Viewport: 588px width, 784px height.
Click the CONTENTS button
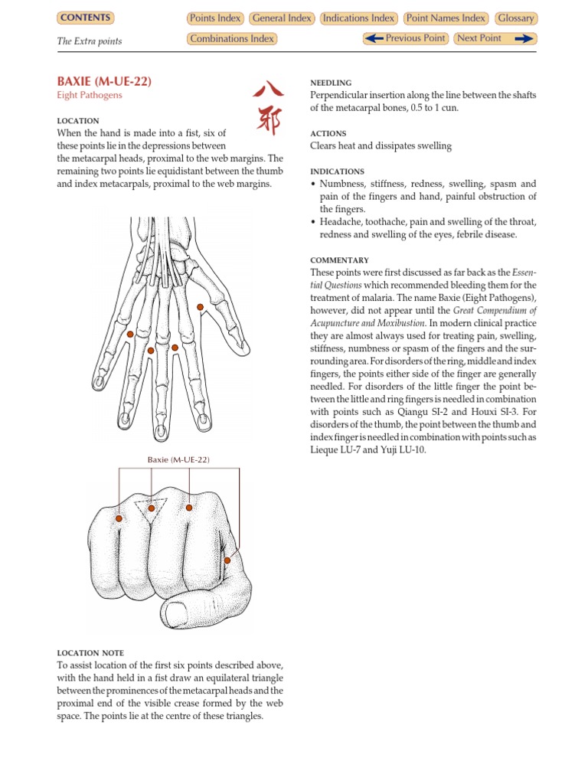(x=85, y=18)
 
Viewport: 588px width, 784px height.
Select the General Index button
(x=282, y=18)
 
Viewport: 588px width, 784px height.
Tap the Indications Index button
(x=359, y=18)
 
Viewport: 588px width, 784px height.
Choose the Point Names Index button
(x=446, y=18)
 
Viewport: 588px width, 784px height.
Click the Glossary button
(x=515, y=18)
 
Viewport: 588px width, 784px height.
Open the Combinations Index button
(x=231, y=39)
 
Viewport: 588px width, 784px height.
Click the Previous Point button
(x=405, y=38)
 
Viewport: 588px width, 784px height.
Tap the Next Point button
(x=495, y=38)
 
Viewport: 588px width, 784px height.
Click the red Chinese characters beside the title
(x=266, y=107)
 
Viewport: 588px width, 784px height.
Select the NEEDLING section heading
(x=331, y=83)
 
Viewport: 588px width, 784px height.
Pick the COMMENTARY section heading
(x=339, y=260)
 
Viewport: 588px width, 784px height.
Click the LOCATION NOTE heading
(x=89, y=653)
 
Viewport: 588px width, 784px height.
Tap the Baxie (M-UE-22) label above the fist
(x=178, y=459)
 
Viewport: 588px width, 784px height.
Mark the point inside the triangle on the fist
(x=152, y=508)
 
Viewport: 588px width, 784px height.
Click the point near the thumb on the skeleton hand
(x=200, y=308)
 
